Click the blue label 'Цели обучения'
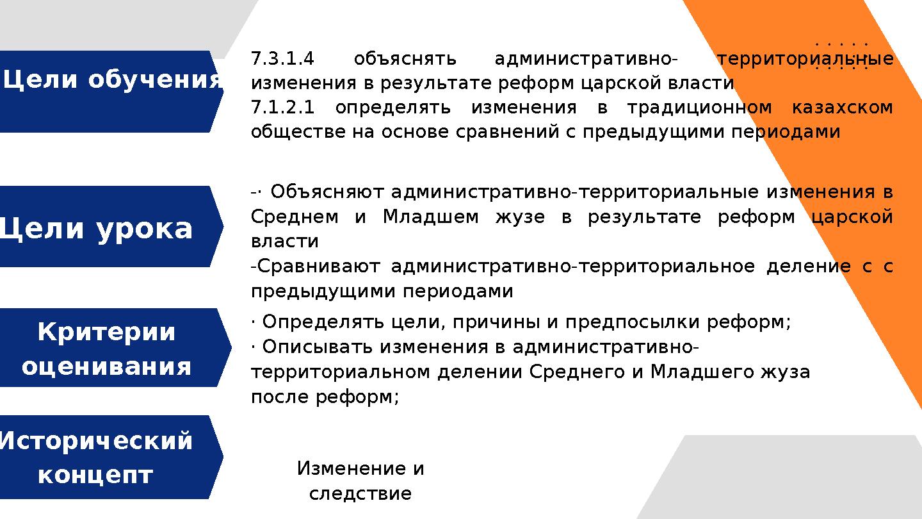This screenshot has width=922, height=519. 112,81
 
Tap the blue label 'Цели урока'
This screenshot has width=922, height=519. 96,229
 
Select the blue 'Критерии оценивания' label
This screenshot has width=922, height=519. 106,349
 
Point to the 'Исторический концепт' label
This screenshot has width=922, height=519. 96,457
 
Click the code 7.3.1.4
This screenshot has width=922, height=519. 282,60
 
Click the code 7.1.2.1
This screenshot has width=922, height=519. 282,108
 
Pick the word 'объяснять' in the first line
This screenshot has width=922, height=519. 405,60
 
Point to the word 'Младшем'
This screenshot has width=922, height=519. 430,217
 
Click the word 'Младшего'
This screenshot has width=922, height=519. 695,372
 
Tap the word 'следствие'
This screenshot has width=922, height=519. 360,494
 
